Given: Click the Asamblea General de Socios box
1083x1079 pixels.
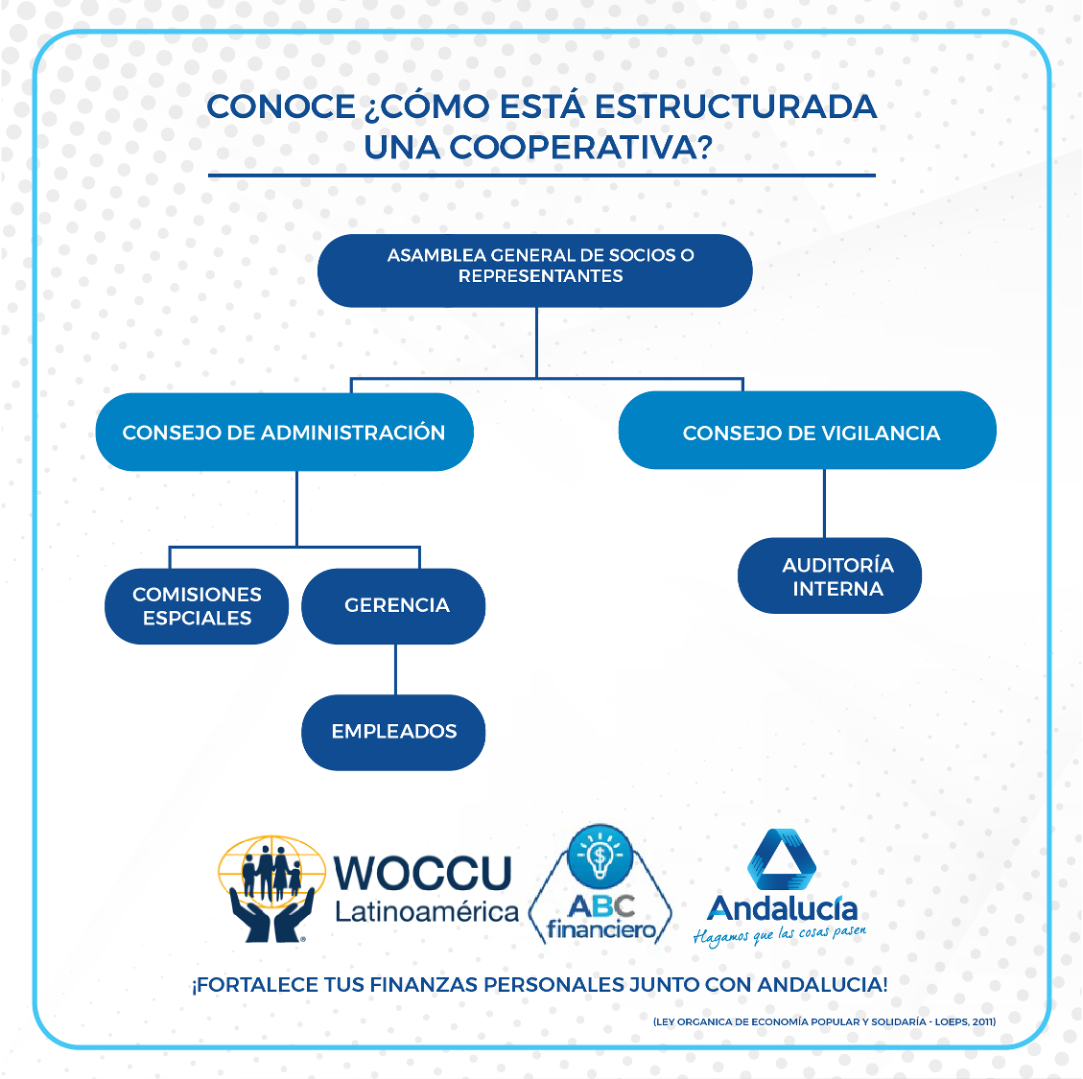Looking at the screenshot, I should [x=534, y=270].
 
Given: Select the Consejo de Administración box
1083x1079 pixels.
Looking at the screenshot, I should [x=284, y=433].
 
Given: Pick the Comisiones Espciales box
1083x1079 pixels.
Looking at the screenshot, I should [x=197, y=606].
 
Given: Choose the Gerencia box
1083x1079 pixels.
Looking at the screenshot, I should [x=393, y=605].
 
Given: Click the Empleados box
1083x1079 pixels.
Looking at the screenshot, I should [x=393, y=732].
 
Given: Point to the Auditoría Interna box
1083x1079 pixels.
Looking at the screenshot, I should [x=830, y=576].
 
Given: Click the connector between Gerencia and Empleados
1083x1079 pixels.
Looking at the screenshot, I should [x=395, y=669].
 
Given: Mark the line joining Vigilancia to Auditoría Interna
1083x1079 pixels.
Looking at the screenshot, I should [x=824, y=504].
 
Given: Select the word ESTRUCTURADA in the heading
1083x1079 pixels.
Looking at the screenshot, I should [x=736, y=106].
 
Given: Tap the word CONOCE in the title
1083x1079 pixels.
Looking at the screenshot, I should [x=281, y=106].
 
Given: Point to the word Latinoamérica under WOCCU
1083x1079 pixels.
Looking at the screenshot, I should [x=426, y=912].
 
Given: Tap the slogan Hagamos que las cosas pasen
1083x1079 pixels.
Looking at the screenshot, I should [x=779, y=934].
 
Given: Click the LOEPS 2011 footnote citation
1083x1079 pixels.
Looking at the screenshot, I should [x=824, y=1021].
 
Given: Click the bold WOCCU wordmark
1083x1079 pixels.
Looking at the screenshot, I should [x=423, y=873].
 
